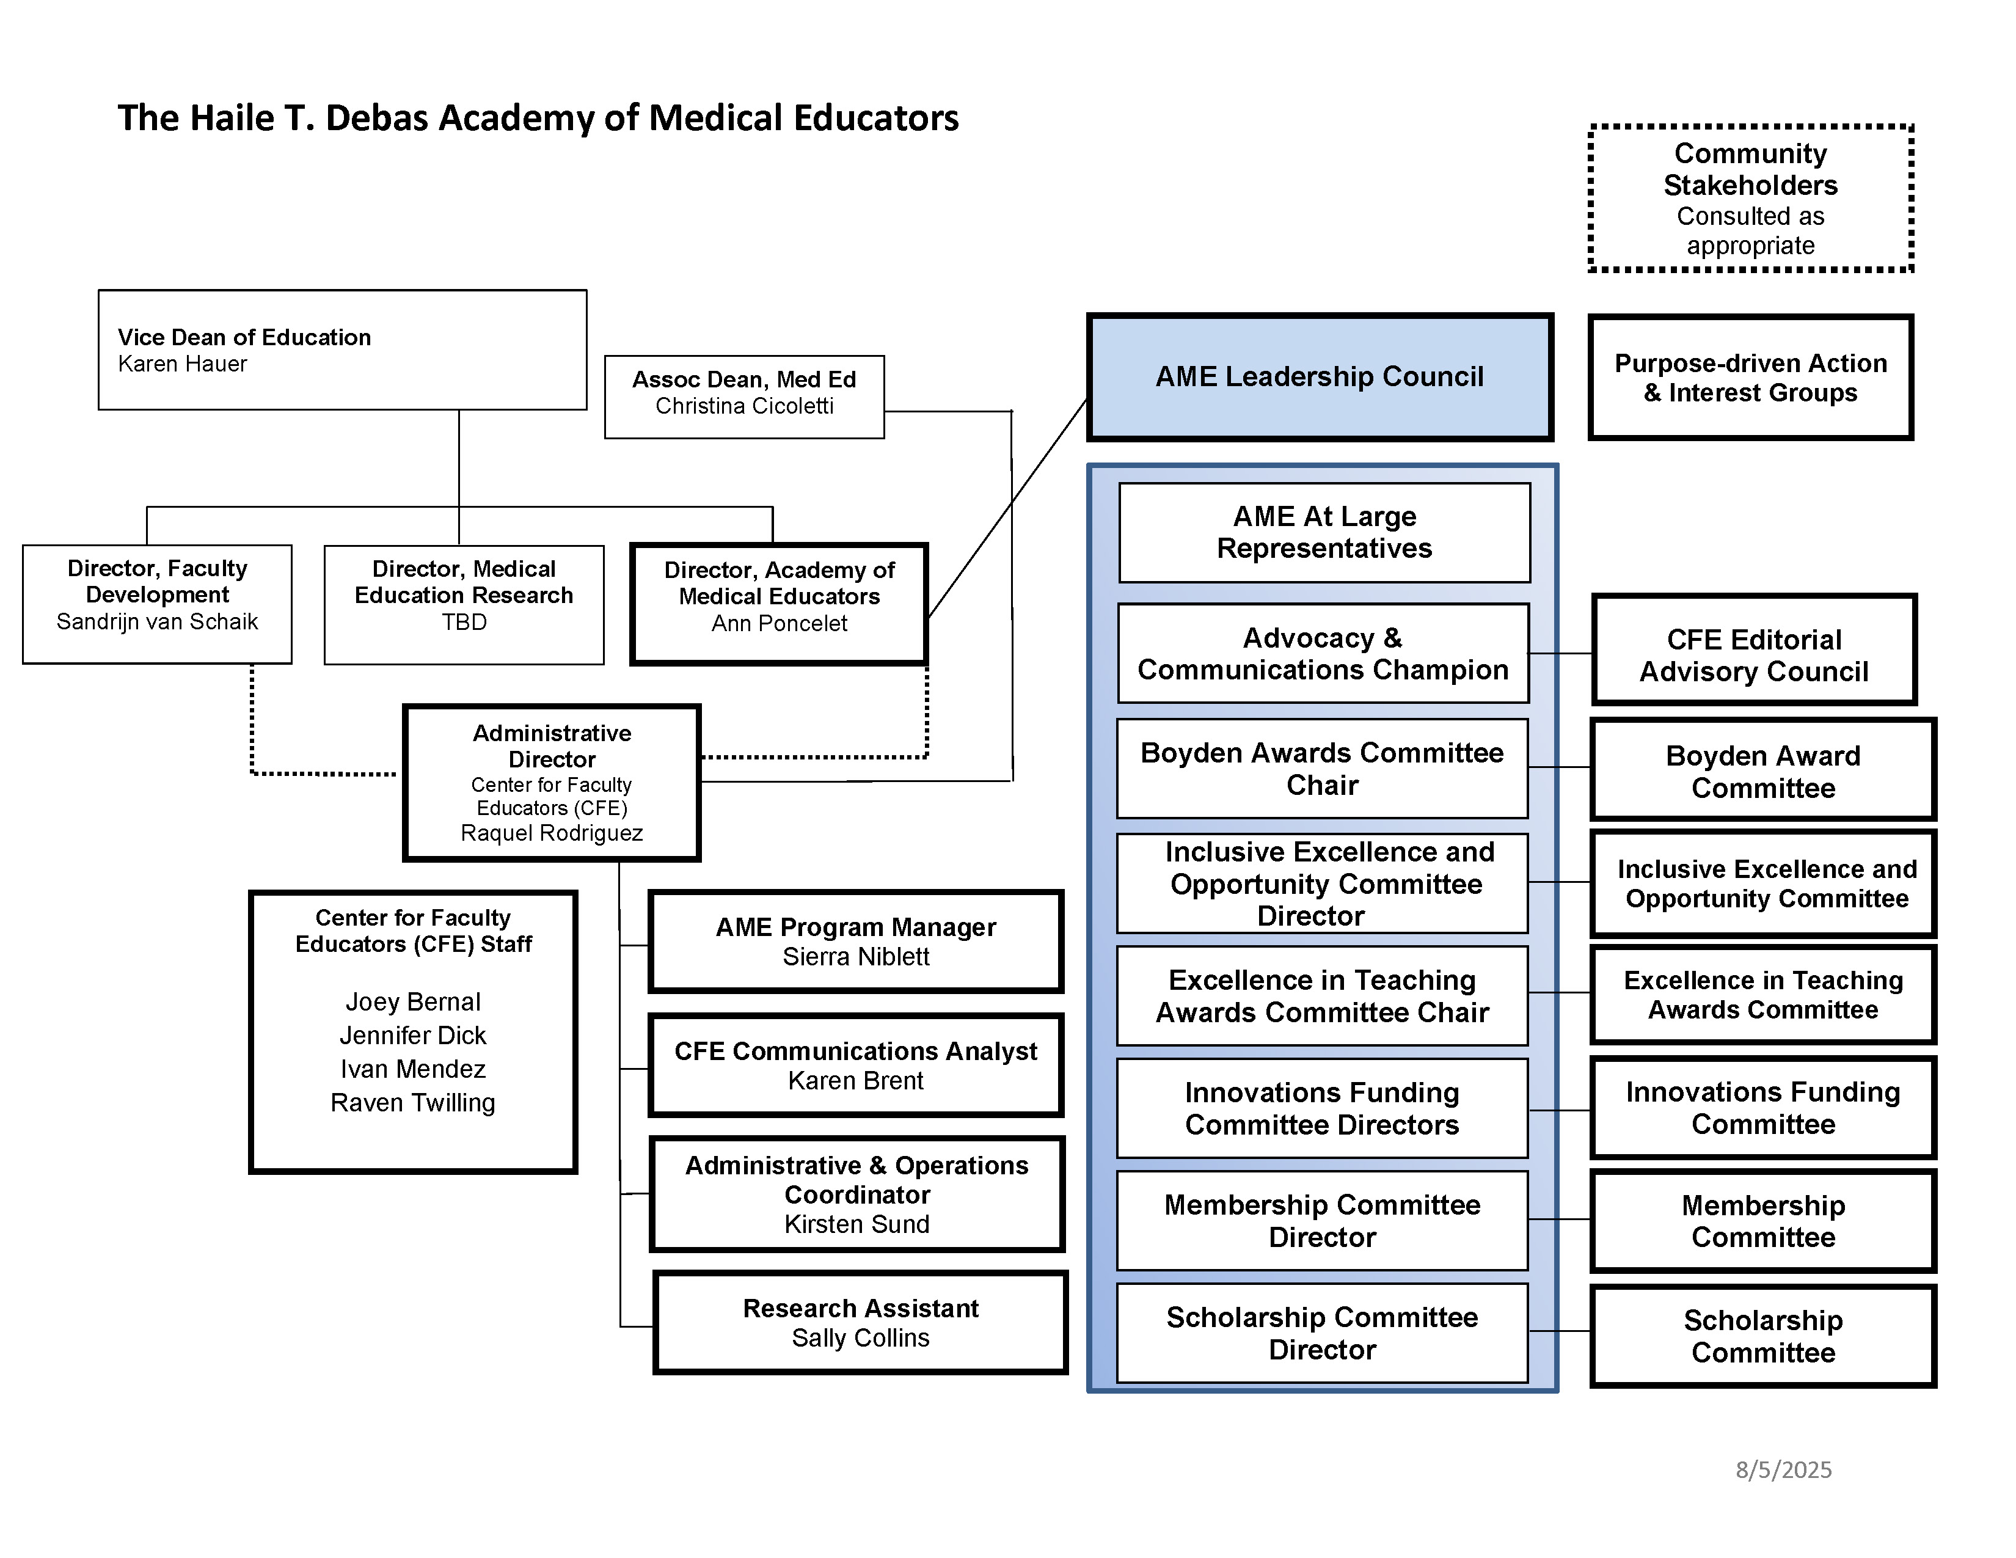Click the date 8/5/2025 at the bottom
click(x=1783, y=1469)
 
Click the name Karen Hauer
click(x=182, y=365)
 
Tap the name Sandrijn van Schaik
click(x=157, y=622)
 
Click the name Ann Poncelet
click(x=779, y=624)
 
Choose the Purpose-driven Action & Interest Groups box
click(x=1750, y=378)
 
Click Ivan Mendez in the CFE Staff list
click(x=412, y=1069)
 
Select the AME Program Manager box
click(x=856, y=942)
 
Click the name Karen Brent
click(x=856, y=1081)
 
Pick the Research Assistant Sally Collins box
click(x=860, y=1323)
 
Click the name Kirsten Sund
click(x=856, y=1225)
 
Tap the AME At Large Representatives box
click(x=1324, y=533)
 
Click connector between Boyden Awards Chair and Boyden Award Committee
click(x=1559, y=767)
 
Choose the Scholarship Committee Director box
click(x=1322, y=1333)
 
